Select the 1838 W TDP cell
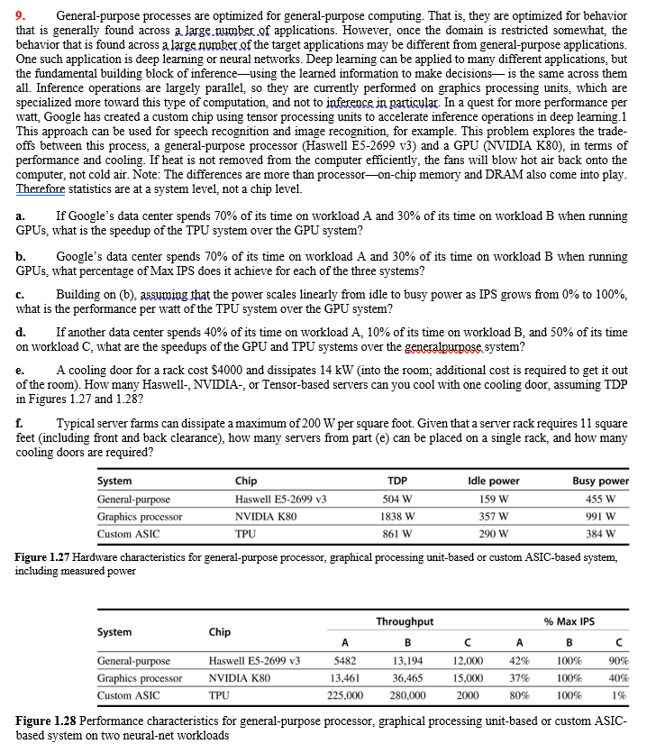pyautogui.click(x=398, y=517)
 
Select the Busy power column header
pyautogui.click(x=600, y=481)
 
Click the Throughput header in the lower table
pyautogui.click(x=405, y=621)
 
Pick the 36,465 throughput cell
pyautogui.click(x=406, y=678)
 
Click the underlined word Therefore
pyautogui.click(x=43, y=188)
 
